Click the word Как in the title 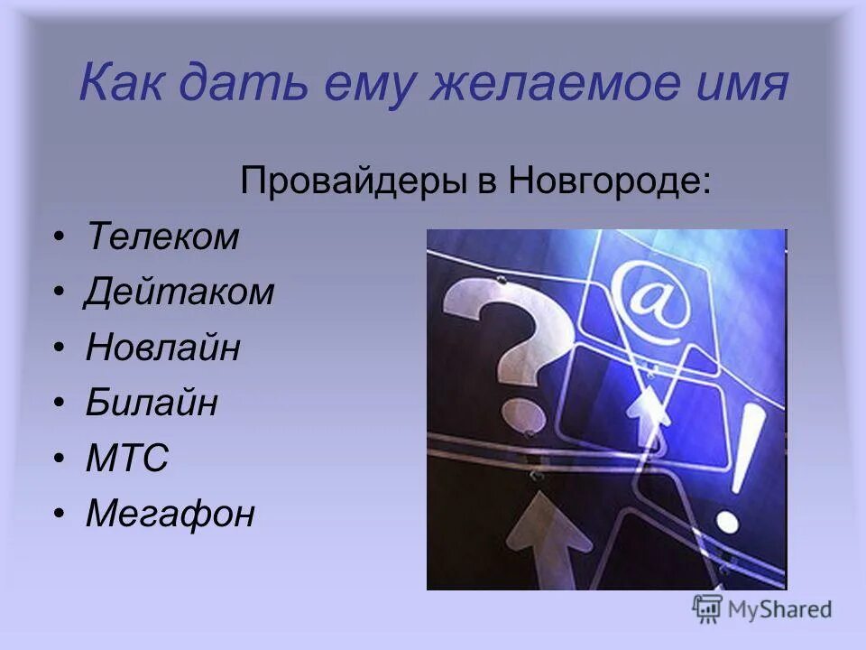click(119, 86)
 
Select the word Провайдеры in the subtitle click(350, 183)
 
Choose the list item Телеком click(163, 237)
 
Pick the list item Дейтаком click(180, 292)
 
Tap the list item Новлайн click(163, 348)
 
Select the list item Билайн click(152, 404)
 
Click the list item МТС click(127, 459)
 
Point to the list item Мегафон click(170, 515)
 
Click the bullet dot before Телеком click(59, 238)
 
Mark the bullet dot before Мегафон click(59, 515)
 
